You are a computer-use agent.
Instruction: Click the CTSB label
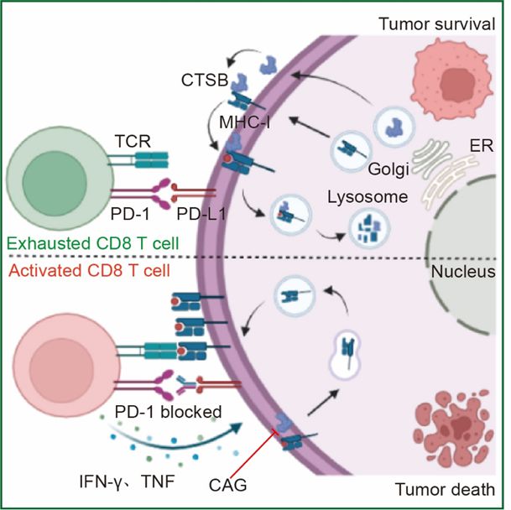tap(205, 80)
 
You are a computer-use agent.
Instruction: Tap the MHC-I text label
tap(244, 122)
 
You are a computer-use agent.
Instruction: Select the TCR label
tap(133, 142)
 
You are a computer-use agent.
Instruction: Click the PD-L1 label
tap(201, 214)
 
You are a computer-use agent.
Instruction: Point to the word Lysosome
tap(368, 197)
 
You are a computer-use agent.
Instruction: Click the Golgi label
tap(388, 169)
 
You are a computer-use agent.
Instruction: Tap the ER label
tap(481, 146)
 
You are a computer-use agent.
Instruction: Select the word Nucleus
tap(463, 272)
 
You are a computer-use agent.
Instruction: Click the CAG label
tap(227, 485)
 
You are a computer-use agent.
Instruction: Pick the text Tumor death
tap(445, 490)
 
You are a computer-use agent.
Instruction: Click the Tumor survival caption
tap(436, 24)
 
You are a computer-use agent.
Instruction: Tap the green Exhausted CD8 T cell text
tap(93, 243)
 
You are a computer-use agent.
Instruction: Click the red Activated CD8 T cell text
tap(89, 270)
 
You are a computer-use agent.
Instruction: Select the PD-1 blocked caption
tap(168, 412)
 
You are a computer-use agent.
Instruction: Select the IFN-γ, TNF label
tap(127, 481)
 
